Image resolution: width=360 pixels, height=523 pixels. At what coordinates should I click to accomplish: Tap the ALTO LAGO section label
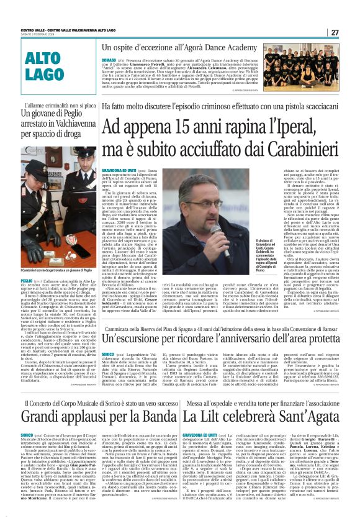click(47, 66)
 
